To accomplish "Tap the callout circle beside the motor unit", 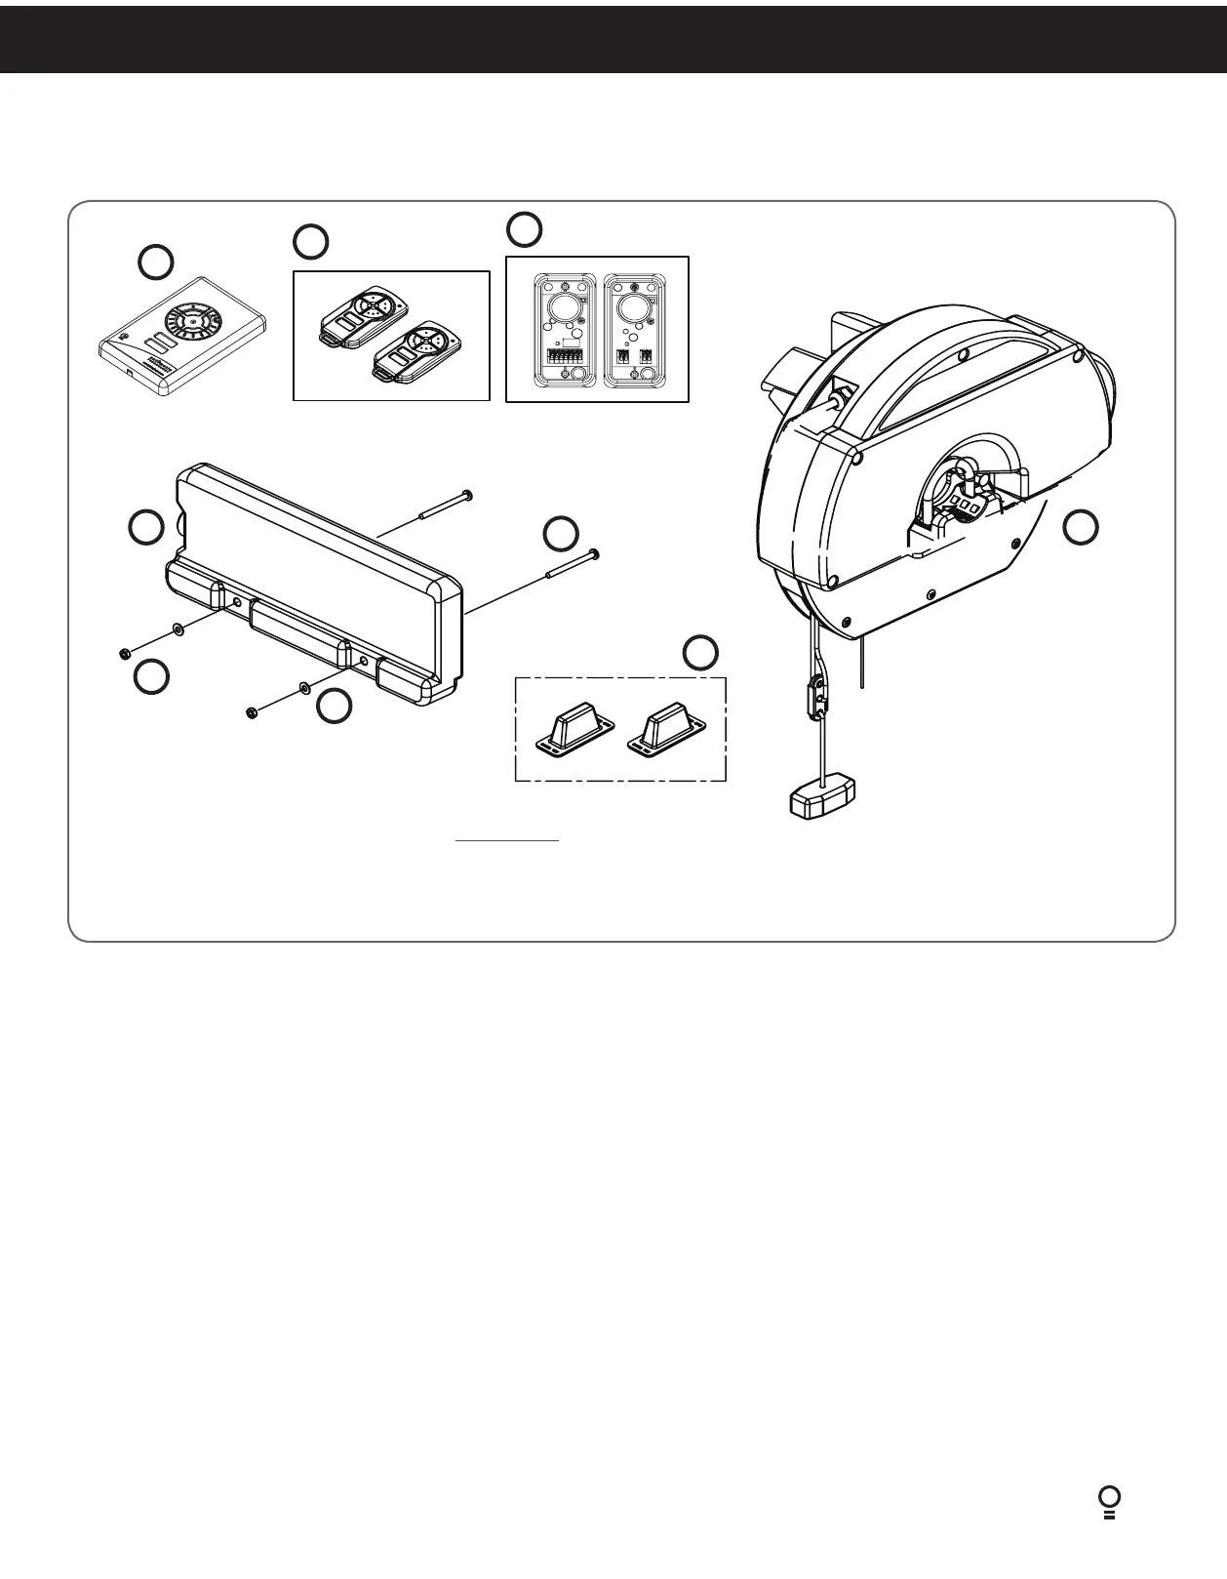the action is (x=1080, y=527).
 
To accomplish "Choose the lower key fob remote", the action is (x=416, y=353).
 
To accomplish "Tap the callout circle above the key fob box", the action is (x=311, y=241).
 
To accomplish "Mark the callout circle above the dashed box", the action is (x=700, y=653).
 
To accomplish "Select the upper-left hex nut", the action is (x=125, y=653).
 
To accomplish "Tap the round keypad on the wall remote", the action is (x=194, y=318).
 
